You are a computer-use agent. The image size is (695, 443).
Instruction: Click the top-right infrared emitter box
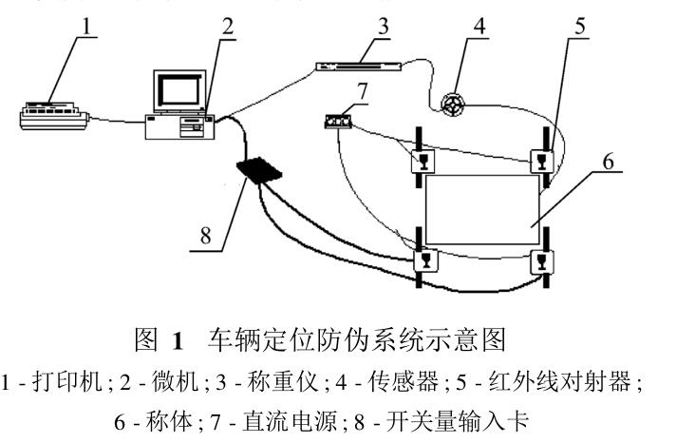click(543, 160)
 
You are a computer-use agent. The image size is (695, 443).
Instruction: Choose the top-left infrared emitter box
click(422, 160)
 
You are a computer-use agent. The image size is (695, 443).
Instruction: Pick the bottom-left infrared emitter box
click(423, 258)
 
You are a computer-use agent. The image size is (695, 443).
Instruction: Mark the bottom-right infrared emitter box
click(543, 259)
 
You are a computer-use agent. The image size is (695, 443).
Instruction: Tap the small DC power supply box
click(336, 123)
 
